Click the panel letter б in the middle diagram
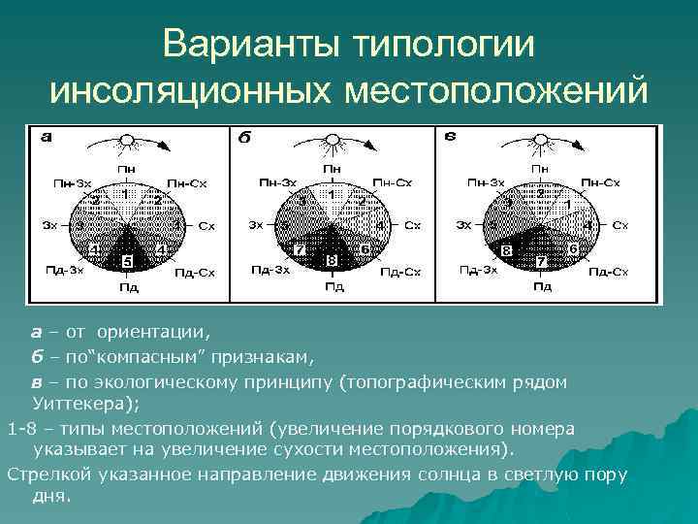point(244,138)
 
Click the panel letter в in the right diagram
point(450,136)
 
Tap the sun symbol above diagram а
point(124,140)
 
